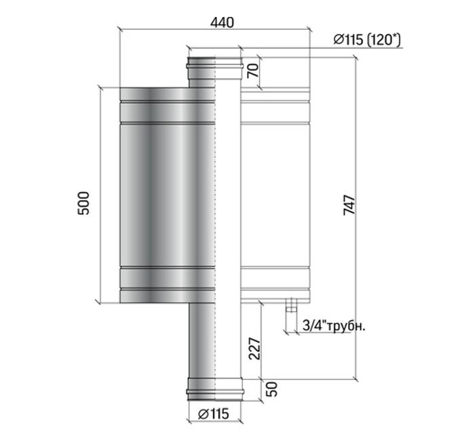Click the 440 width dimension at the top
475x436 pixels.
[x=222, y=22]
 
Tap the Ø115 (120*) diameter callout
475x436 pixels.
[x=367, y=39]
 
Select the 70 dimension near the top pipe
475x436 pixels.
[x=253, y=71]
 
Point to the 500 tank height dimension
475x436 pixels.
[x=83, y=203]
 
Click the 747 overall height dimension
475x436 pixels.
[x=349, y=205]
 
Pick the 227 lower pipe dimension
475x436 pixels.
[x=254, y=349]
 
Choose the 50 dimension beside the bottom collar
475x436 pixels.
[x=271, y=389]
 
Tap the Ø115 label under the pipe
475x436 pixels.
[x=214, y=414]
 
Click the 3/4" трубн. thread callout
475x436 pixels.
[x=334, y=326]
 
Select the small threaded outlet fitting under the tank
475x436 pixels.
[x=291, y=305]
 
